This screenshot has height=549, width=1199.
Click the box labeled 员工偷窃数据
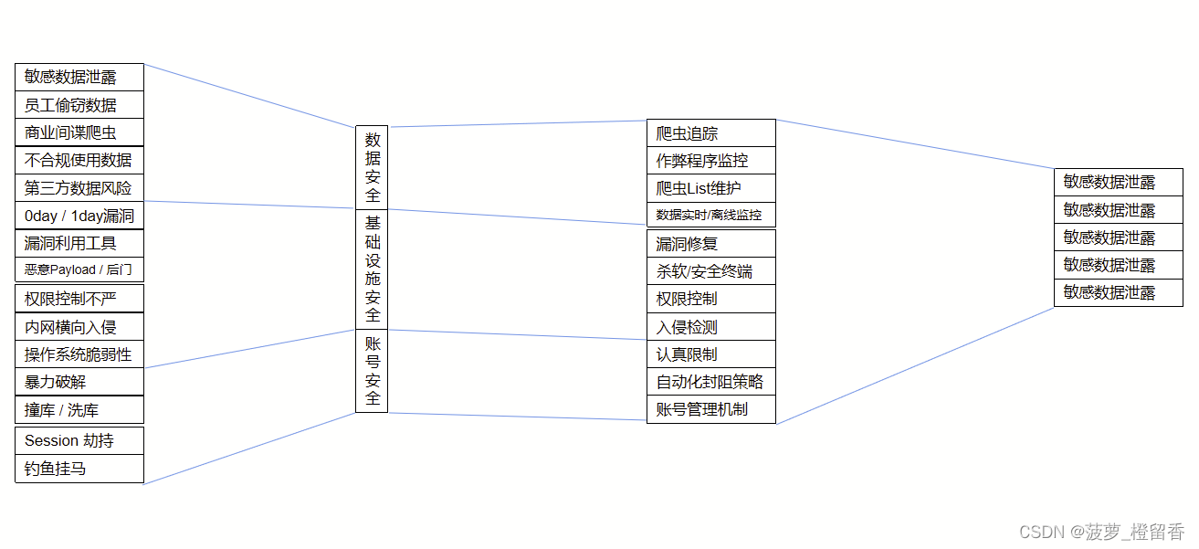pyautogui.click(x=79, y=105)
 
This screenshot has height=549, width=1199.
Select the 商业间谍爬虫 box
pyautogui.click(x=79, y=132)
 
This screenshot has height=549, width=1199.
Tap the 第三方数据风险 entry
pyautogui.click(x=79, y=188)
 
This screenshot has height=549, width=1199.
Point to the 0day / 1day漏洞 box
pyautogui.click(x=79, y=216)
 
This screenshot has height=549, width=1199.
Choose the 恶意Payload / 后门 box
pyautogui.click(x=79, y=270)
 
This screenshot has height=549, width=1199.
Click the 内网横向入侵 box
pyautogui.click(x=79, y=327)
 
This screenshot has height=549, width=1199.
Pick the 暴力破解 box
pyautogui.click(x=79, y=382)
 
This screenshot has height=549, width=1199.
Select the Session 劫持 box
pyautogui.click(x=79, y=440)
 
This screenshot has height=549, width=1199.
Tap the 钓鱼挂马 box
pyautogui.click(x=79, y=470)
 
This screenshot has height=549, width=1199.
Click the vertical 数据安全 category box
pyautogui.click(x=372, y=167)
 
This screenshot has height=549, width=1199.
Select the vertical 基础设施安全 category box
pyautogui.click(x=372, y=269)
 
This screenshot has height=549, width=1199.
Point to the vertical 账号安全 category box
pyautogui.click(x=372, y=371)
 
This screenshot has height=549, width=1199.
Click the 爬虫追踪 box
pyautogui.click(x=710, y=133)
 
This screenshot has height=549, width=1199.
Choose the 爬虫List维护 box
pyautogui.click(x=710, y=188)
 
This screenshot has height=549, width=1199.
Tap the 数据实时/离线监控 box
pyautogui.click(x=710, y=216)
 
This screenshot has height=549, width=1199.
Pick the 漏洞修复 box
pyautogui.click(x=710, y=244)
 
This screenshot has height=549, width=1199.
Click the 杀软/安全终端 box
pyautogui.click(x=710, y=271)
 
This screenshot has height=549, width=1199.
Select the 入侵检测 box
pyautogui.click(x=710, y=327)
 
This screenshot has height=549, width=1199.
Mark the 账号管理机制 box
pyautogui.click(x=710, y=409)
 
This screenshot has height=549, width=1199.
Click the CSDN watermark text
pyautogui.click(x=1101, y=532)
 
